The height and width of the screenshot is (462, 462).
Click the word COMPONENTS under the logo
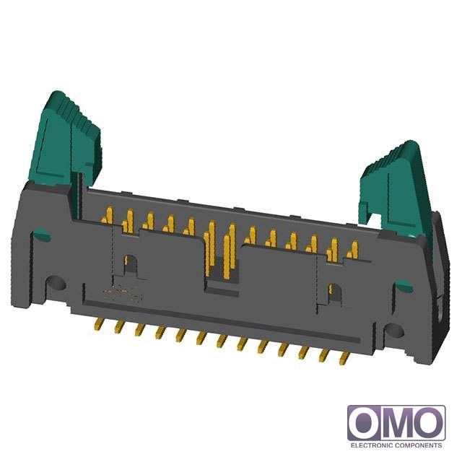[x=418, y=445]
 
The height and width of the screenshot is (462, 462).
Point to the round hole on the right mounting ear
[x=394, y=331]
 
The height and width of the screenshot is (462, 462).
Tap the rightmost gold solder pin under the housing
[x=344, y=359]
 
